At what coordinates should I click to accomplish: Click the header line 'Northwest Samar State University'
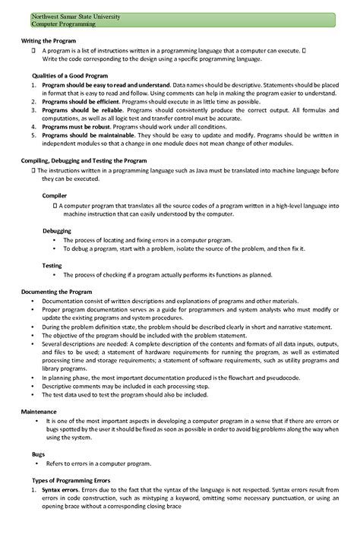coord(65,16)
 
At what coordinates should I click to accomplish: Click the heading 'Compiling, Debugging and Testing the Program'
coord(84,161)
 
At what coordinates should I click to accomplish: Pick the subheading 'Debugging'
coord(57,230)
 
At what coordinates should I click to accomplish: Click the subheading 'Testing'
coord(52,265)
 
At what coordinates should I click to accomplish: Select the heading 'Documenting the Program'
coord(57,292)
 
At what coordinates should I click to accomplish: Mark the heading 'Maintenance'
coord(39,411)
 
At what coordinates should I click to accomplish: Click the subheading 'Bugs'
coord(39,454)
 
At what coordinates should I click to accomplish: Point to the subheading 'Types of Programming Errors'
coord(71,480)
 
